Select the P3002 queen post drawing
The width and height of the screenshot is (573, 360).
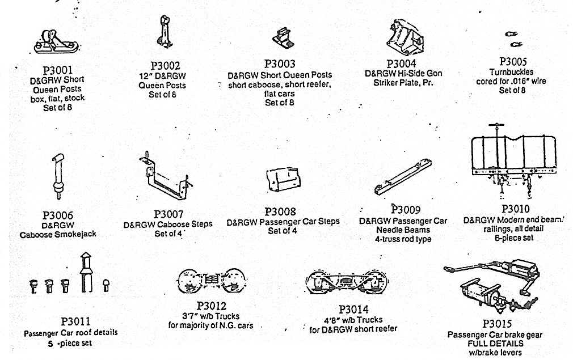[166, 32]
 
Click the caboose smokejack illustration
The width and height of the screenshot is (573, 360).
[57, 175]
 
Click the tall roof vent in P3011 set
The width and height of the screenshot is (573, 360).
[86, 273]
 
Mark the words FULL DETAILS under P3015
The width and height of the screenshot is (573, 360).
[488, 344]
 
